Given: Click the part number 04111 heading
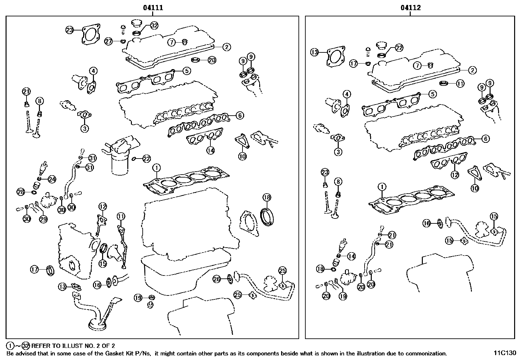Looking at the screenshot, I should pyautogui.click(x=153, y=8).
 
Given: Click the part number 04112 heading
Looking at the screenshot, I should pyautogui.click(x=411, y=8).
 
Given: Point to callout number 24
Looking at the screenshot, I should pyautogui.click(x=52, y=179).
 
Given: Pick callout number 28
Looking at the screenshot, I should pyautogui.click(x=21, y=192).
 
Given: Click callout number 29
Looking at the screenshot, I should pyautogui.click(x=44, y=219).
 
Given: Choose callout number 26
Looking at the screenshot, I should pyautogui.click(x=217, y=279).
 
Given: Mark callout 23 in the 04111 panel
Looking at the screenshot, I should pyautogui.click(x=70, y=30).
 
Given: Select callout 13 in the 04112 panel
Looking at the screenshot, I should pyautogui.click(x=314, y=52).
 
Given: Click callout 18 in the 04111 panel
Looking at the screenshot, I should pyautogui.click(x=267, y=197).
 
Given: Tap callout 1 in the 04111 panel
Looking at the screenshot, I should pyautogui.click(x=157, y=168).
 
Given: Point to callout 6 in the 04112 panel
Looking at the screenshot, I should pyautogui.click(x=486, y=139).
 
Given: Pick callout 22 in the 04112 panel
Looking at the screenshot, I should pyautogui.click(x=399, y=48).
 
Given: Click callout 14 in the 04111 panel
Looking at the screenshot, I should pyautogui.click(x=210, y=150).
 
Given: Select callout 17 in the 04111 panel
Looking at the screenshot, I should pyautogui.click(x=35, y=270).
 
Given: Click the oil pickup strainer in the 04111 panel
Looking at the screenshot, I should pyautogui.click(x=97, y=324).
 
